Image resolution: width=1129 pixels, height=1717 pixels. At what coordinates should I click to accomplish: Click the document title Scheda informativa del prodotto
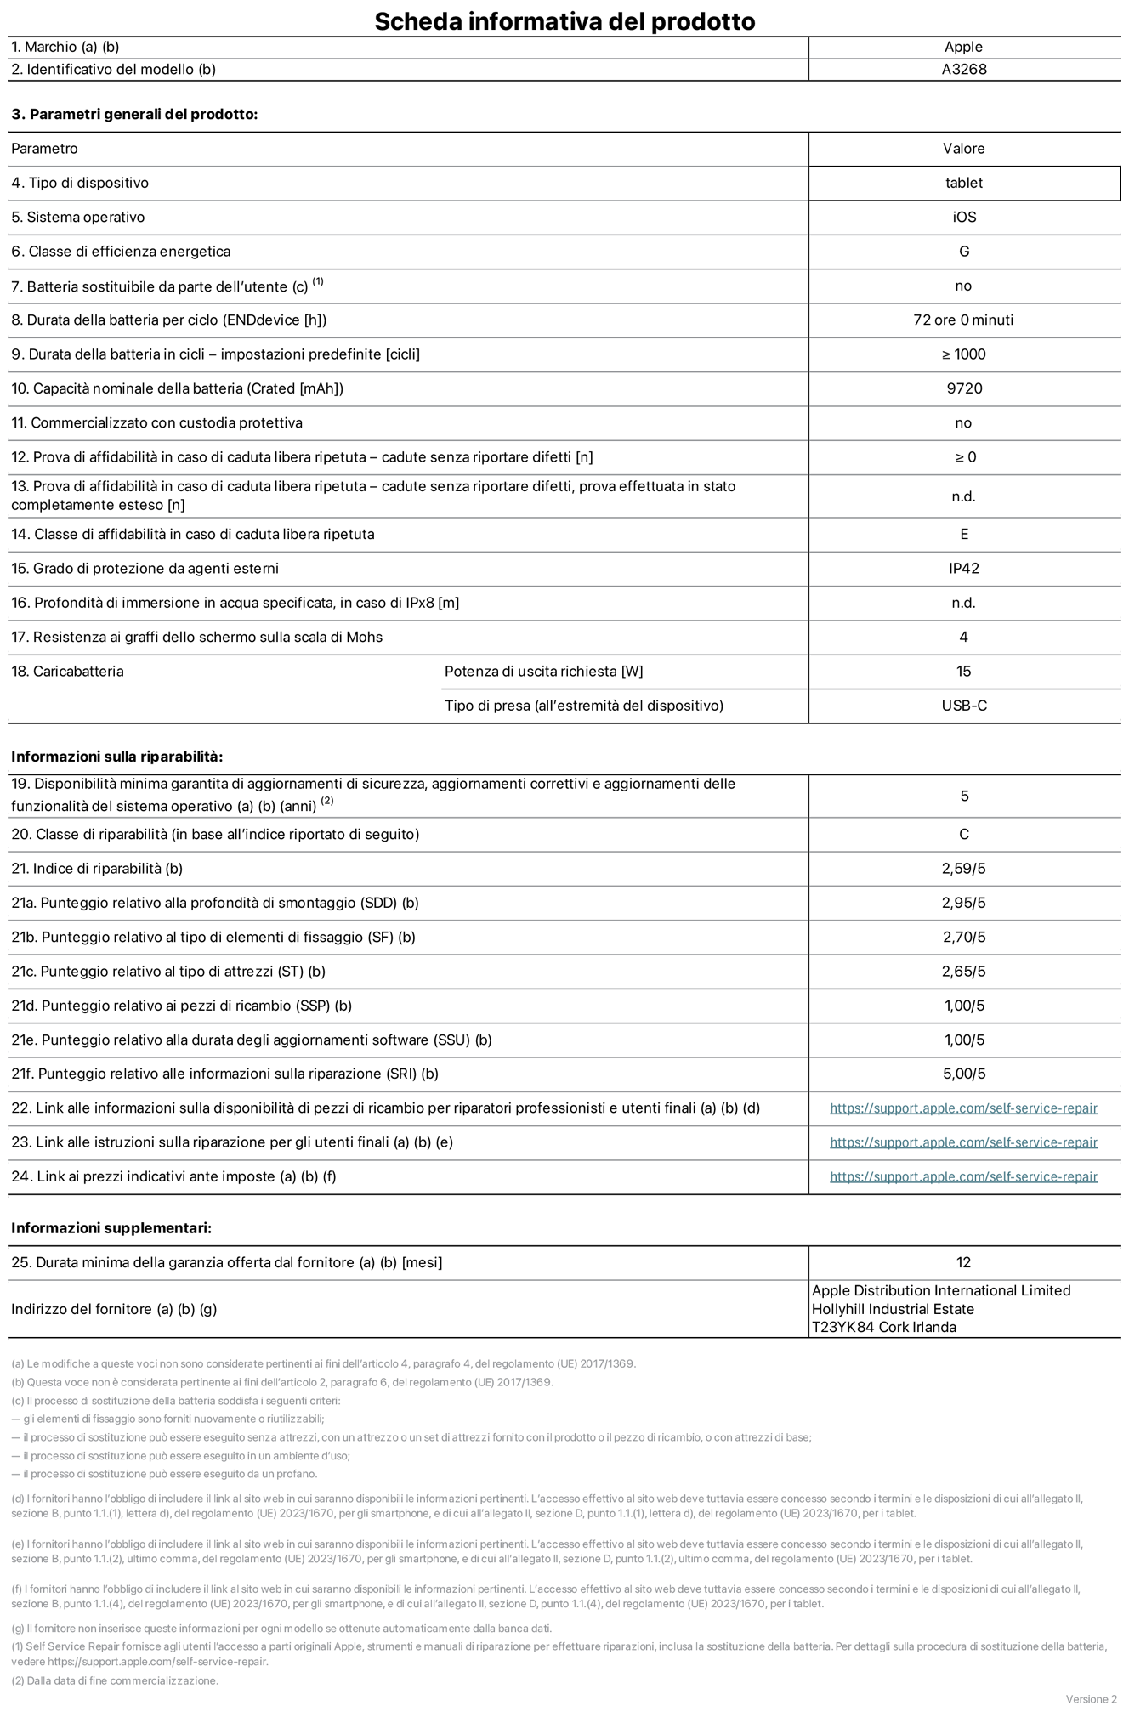click(564, 20)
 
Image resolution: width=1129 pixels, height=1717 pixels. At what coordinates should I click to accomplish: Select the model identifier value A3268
click(963, 70)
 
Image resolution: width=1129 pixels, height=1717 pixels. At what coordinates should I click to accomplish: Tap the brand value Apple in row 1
click(963, 48)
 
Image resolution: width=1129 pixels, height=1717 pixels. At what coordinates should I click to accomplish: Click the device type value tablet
click(963, 183)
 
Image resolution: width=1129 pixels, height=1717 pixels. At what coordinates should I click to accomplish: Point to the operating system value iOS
click(963, 218)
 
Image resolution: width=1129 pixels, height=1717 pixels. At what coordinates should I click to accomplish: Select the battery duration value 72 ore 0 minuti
click(963, 320)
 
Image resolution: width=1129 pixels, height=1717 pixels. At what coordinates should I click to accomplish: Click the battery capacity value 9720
click(963, 388)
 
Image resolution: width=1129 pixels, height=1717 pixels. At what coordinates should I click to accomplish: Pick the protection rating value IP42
click(963, 569)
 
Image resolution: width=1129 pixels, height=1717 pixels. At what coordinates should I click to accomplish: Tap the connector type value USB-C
click(963, 705)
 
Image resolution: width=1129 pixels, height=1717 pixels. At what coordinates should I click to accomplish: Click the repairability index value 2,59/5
click(963, 869)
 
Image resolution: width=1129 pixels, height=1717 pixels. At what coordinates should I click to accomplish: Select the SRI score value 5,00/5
click(963, 1074)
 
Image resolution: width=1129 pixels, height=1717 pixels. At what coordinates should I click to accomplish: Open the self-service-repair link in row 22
click(963, 1108)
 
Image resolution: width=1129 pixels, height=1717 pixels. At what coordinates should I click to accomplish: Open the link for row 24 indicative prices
click(963, 1177)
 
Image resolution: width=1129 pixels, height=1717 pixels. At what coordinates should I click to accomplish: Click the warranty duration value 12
click(963, 1263)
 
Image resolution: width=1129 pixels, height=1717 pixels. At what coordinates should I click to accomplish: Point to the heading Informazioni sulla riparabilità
click(116, 756)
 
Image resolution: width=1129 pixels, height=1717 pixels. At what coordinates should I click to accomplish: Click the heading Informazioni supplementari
click(111, 1228)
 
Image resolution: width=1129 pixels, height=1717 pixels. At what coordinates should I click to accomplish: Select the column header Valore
click(963, 149)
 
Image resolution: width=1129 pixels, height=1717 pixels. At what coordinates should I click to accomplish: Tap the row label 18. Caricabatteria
click(67, 671)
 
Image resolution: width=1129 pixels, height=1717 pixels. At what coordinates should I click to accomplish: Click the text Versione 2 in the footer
click(1091, 1699)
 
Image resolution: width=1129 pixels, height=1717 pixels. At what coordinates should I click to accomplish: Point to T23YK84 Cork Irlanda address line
click(883, 1328)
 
